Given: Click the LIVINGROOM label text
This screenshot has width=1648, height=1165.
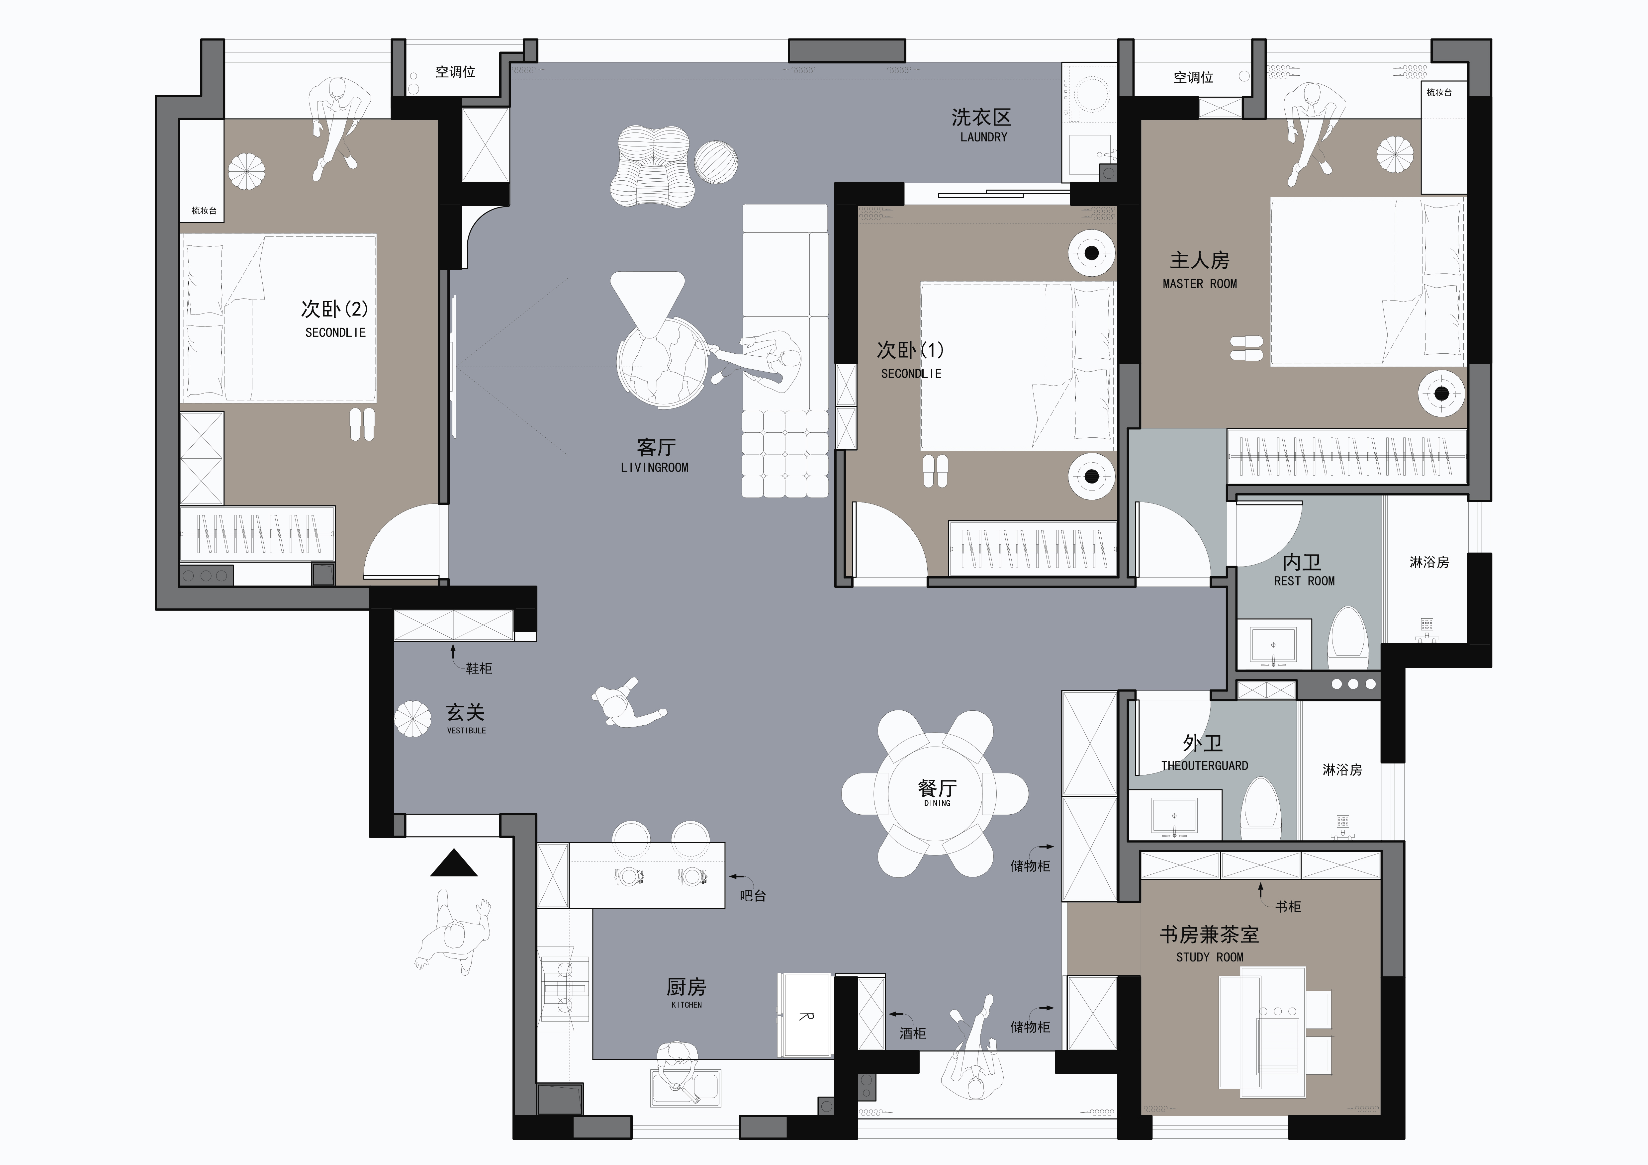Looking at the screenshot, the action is point(654,467).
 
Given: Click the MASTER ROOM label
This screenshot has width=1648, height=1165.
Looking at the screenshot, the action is point(1199,284).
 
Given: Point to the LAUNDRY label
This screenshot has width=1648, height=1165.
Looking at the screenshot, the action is point(983,137).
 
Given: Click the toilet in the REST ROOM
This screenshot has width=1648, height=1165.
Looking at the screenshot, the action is point(1347,637).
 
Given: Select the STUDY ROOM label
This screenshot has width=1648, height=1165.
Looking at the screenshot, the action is point(1210,957).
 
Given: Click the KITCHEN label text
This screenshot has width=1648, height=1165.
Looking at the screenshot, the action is point(686,1005).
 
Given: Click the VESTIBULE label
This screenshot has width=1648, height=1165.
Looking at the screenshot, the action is point(467,731).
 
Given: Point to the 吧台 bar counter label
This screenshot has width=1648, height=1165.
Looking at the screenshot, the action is point(753,896).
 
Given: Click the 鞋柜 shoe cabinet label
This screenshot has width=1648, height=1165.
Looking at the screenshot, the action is point(479,668).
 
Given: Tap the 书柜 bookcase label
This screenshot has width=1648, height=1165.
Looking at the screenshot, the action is point(1288,907).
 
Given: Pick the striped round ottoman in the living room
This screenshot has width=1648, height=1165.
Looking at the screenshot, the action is point(715,161).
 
